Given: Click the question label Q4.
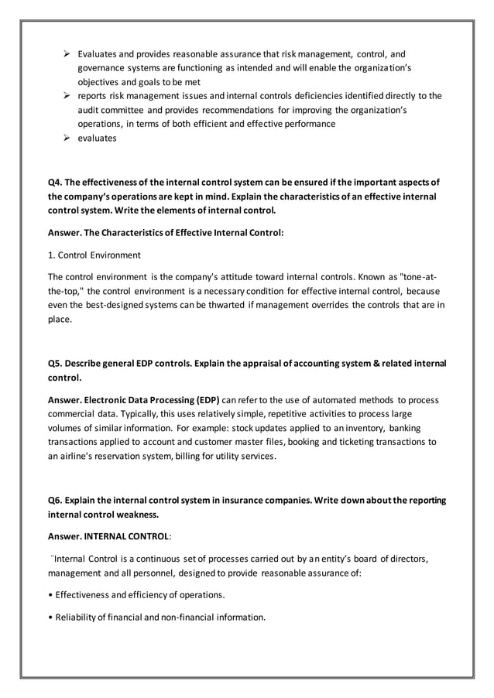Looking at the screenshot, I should (55, 182).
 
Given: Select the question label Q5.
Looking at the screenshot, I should (55, 363).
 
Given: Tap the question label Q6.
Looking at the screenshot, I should (55, 499).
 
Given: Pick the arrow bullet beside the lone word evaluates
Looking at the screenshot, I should (67, 138).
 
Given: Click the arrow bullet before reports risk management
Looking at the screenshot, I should (67, 96).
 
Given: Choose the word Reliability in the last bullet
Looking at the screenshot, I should (79, 617).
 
